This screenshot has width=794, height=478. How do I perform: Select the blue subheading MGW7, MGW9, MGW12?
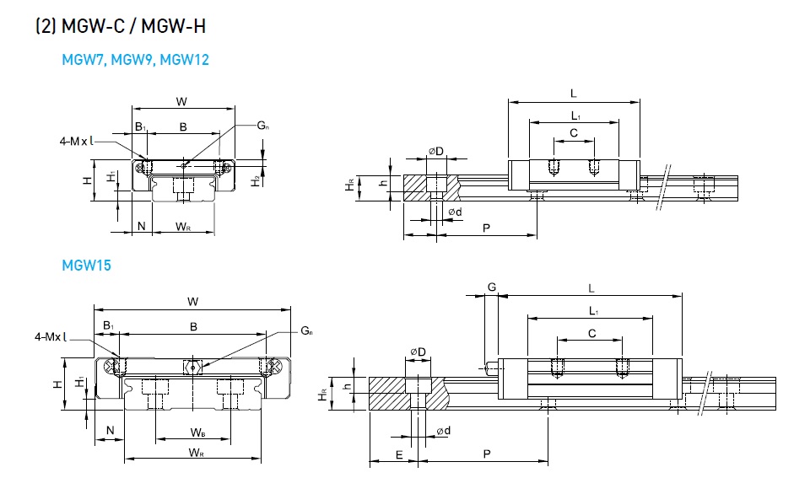click(x=135, y=60)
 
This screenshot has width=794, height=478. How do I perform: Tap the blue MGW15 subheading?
click(x=86, y=266)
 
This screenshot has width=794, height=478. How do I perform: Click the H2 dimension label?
click(x=255, y=180)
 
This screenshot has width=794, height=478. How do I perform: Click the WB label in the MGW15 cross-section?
click(x=197, y=432)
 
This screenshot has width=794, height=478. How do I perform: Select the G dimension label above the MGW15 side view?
click(x=491, y=287)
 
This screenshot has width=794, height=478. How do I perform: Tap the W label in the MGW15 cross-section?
click(x=192, y=301)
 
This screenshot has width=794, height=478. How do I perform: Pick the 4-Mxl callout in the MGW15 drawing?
click(x=51, y=337)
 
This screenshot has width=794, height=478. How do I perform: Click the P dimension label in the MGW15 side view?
click(x=487, y=454)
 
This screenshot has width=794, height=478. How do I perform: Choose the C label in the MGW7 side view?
click(x=573, y=133)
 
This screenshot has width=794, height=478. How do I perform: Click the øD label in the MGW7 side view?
click(x=435, y=151)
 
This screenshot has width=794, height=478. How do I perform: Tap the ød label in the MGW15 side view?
click(x=444, y=432)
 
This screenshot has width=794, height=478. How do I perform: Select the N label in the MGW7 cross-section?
click(x=141, y=226)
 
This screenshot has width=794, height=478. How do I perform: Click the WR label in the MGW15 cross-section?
click(x=196, y=454)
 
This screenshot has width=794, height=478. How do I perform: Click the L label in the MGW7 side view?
click(x=573, y=93)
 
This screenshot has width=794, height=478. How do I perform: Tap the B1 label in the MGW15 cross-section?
click(x=108, y=325)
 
